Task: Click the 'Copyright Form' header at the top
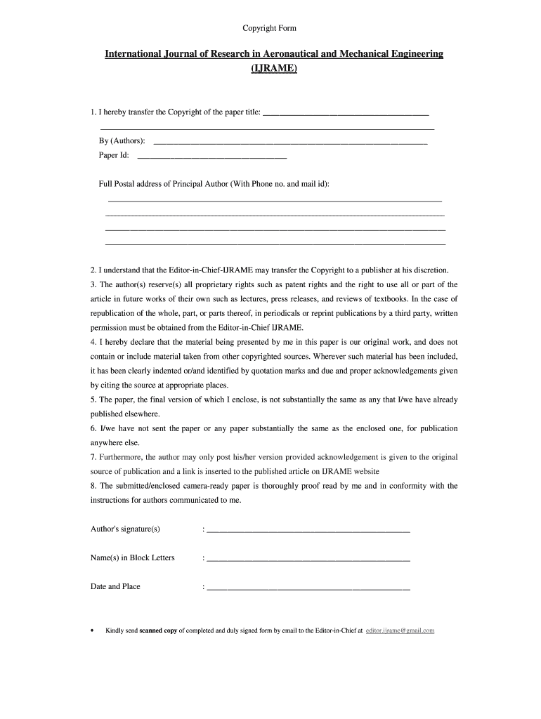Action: click(x=270, y=28)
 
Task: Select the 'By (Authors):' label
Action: click(x=122, y=141)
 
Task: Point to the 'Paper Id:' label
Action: click(x=114, y=155)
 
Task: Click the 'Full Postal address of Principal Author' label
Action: click(x=214, y=183)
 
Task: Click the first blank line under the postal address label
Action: click(x=273, y=201)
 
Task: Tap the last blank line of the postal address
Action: click(x=275, y=244)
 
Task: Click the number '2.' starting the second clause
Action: click(x=93, y=270)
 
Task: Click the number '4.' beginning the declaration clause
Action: click(x=93, y=342)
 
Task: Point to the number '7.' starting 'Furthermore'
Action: click(x=93, y=457)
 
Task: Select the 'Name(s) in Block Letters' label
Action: click(x=133, y=558)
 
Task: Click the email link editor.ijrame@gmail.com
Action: click(x=400, y=631)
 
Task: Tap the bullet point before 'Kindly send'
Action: click(x=92, y=631)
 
